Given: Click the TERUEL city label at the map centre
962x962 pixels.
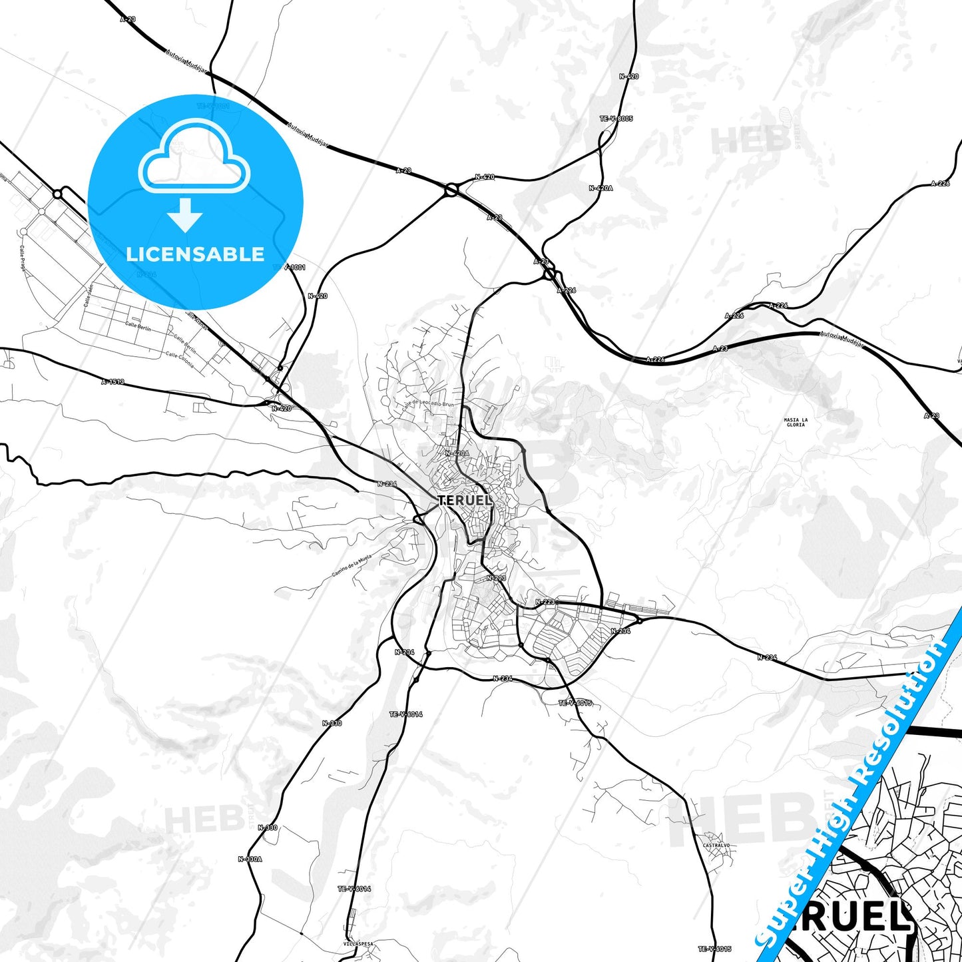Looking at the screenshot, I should [465, 500].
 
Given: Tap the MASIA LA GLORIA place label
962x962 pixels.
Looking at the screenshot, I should [796, 422].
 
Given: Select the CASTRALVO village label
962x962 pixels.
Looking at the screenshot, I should [716, 845].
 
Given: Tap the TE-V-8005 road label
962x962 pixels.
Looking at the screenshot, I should [616, 119].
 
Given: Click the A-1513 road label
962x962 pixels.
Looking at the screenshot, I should [113, 382].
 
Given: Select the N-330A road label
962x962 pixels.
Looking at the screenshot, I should [250, 859].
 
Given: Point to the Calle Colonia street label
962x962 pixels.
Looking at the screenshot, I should [180, 360].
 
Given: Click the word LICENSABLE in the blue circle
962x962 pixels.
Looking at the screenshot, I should [195, 254].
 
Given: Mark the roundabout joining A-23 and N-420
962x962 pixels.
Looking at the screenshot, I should [451, 190].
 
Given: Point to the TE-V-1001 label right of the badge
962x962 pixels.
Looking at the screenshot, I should [289, 267].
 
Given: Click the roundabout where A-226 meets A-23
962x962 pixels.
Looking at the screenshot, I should [549, 274].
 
